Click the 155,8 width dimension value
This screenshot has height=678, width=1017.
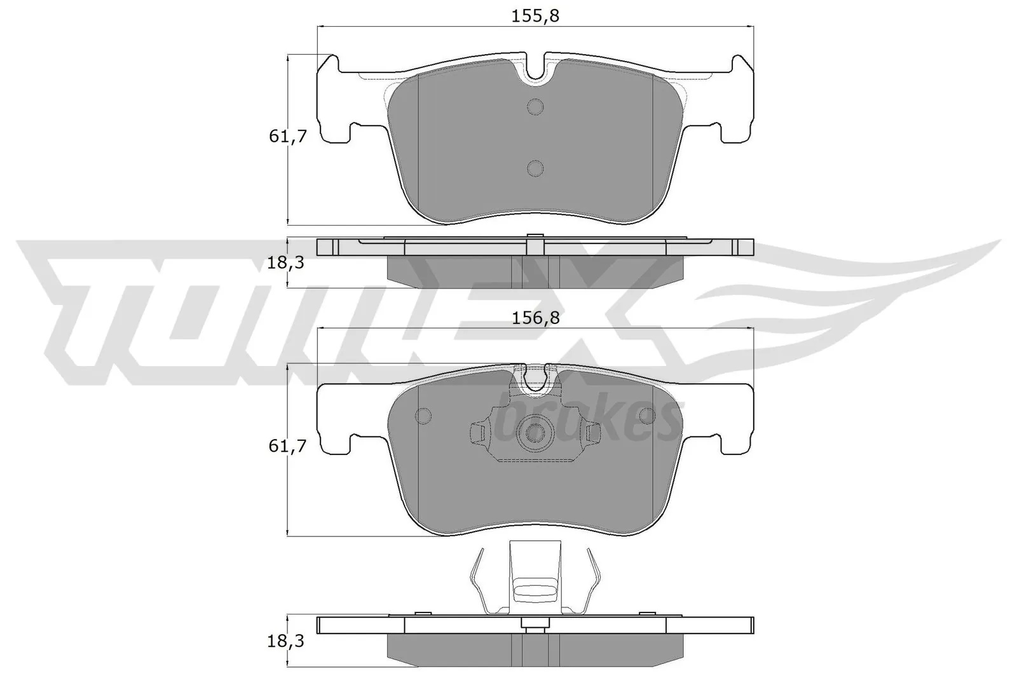[535, 17]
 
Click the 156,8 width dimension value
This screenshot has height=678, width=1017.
[535, 319]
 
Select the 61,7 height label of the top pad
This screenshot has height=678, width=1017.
[288, 136]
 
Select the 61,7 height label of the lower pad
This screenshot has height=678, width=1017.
[288, 447]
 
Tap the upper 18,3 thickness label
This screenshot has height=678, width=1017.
[285, 262]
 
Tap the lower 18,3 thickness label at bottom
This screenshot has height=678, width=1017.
[285, 642]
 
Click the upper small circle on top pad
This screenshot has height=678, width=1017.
[535, 107]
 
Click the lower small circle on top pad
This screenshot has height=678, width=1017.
[535, 168]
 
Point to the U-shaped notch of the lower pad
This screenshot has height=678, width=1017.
[535, 379]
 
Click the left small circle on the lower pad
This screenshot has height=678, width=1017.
[422, 416]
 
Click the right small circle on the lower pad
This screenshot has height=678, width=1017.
[648, 416]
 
